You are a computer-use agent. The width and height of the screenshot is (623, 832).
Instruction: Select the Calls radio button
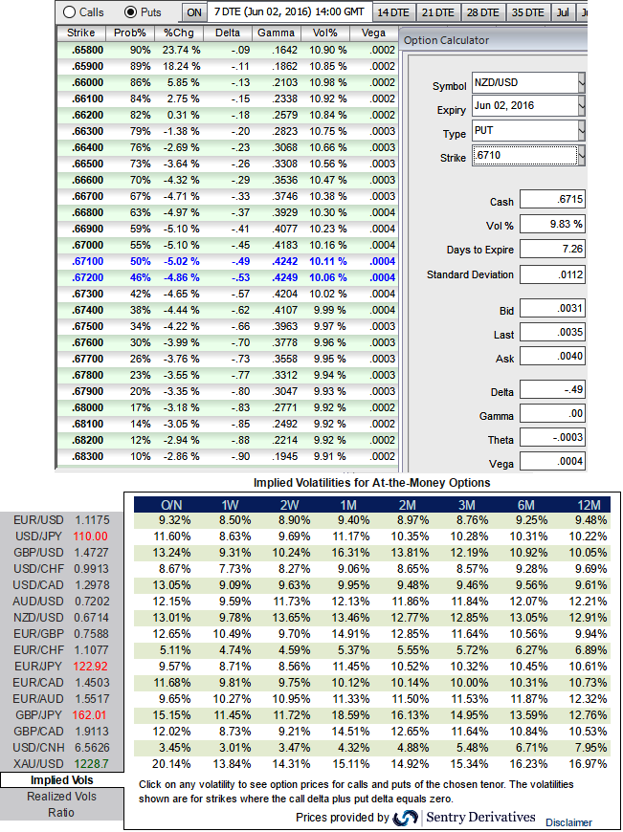[x=71, y=12]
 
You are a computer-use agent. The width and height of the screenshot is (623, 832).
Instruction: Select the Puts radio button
[x=132, y=12]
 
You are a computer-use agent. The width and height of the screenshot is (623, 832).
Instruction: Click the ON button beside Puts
[x=193, y=12]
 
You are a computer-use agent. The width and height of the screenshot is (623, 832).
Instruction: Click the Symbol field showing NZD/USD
[x=525, y=83]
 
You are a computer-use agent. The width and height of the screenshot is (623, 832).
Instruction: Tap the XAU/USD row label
[x=38, y=763]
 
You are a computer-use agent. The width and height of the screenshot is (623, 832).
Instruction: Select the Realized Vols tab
[x=61, y=796]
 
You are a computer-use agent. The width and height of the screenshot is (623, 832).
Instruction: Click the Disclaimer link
[x=568, y=821]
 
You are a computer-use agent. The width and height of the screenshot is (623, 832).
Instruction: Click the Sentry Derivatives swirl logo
[x=407, y=818]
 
